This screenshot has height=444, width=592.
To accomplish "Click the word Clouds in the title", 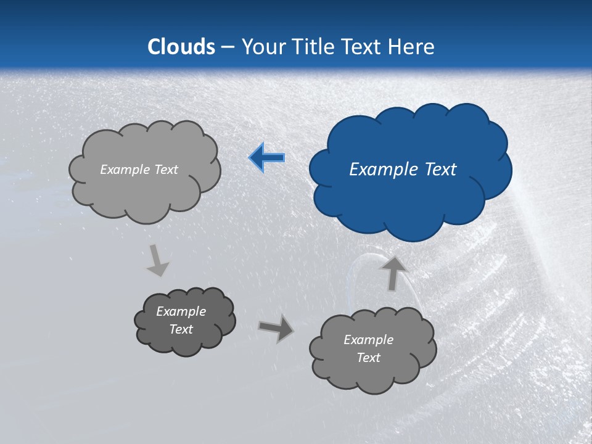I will [181, 47].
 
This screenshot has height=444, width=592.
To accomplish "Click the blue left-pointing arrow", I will [266, 158].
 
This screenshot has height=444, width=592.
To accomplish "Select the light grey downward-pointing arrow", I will [158, 260].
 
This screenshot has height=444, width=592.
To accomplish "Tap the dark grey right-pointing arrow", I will [276, 329].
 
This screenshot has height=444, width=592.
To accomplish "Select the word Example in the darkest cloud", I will [181, 311].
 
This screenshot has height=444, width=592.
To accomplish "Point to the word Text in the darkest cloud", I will [181, 329].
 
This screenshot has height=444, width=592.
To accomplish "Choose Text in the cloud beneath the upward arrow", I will [368, 358].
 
